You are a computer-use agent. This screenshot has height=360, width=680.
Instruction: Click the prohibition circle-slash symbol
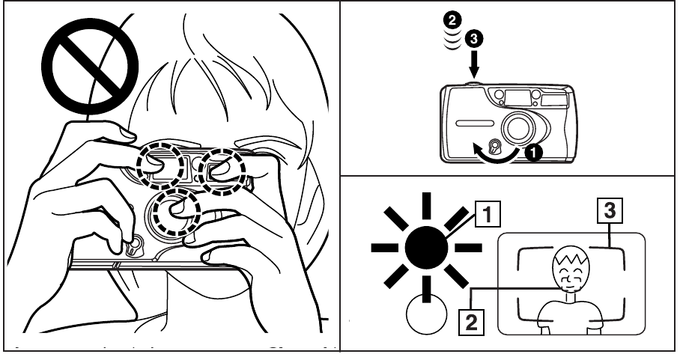[89, 61]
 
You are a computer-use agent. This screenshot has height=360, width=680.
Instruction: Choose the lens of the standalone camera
[518, 126]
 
